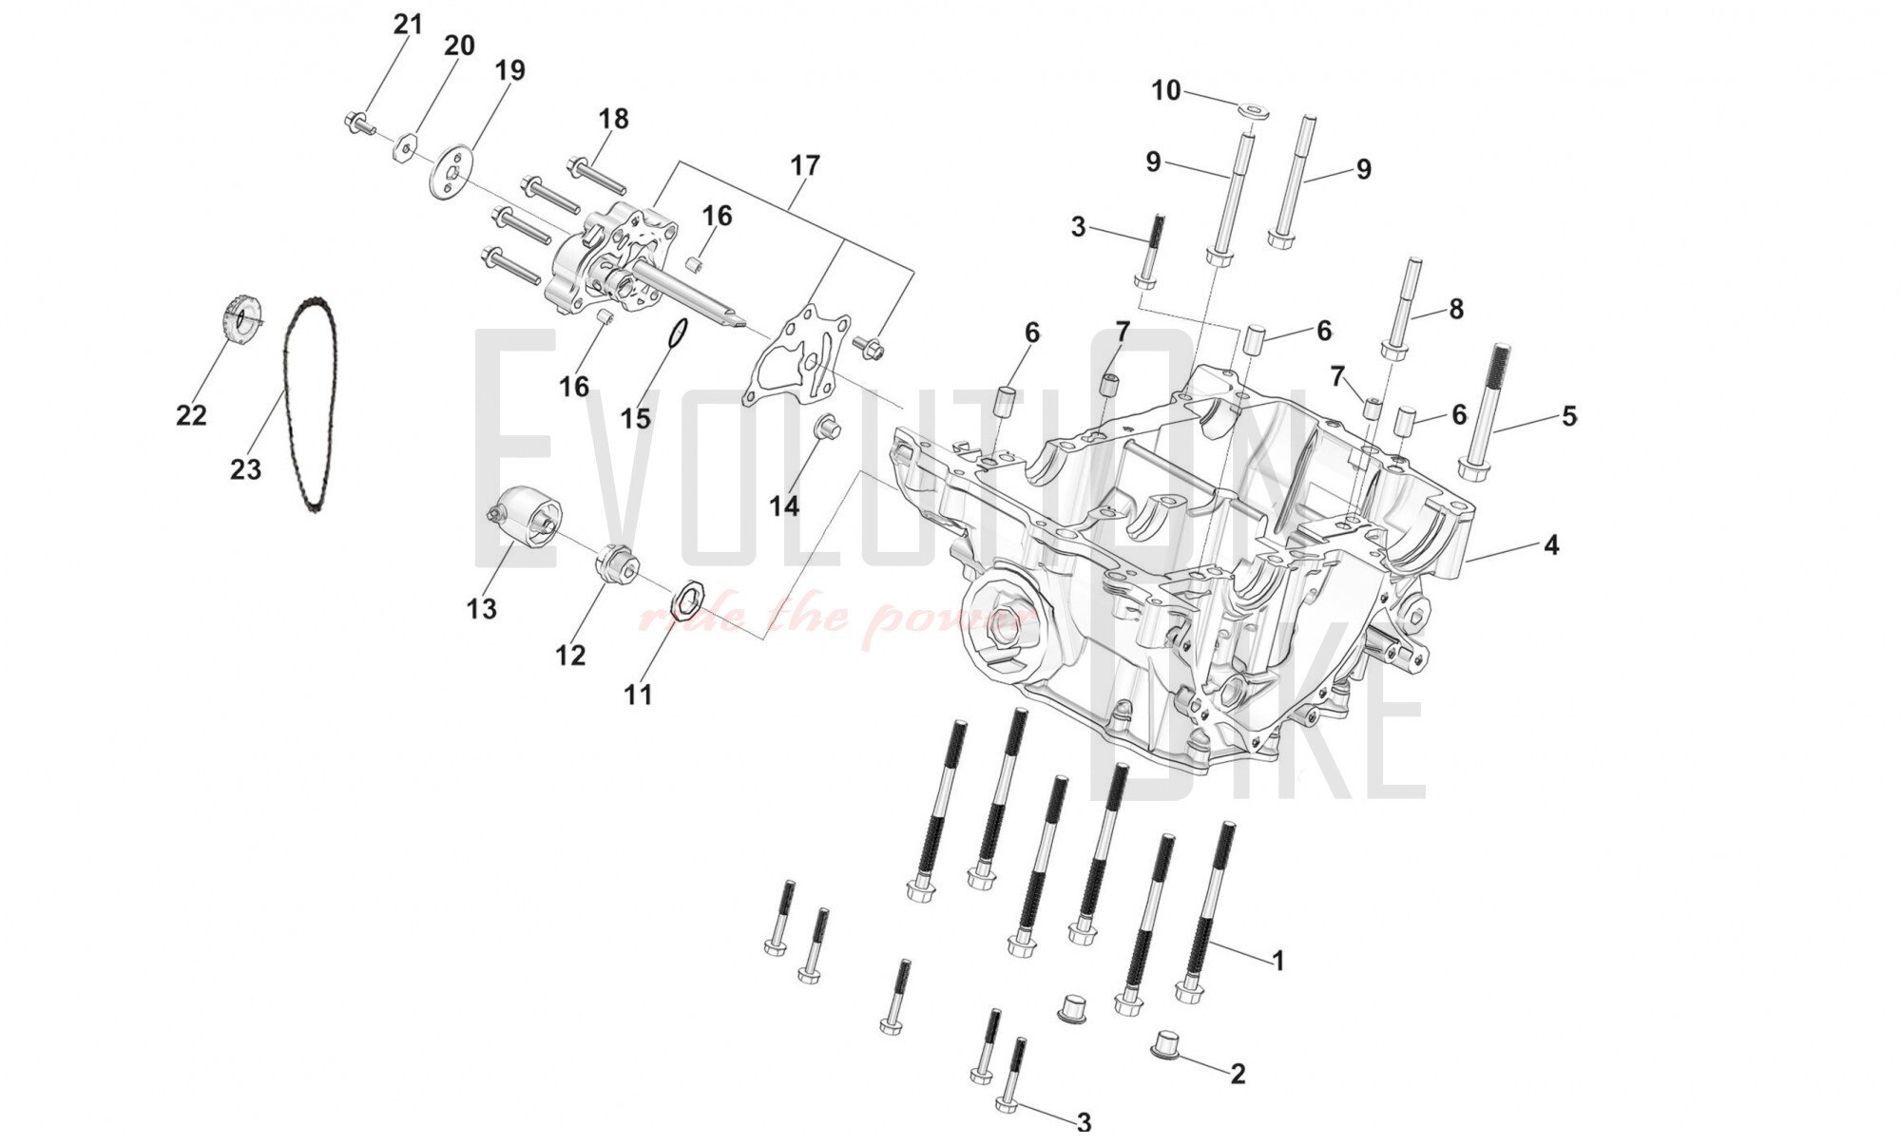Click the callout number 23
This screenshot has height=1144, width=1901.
tap(245, 469)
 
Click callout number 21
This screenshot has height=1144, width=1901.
tap(408, 24)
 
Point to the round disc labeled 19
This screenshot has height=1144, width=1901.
tap(452, 171)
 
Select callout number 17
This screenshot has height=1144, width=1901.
tap(804, 165)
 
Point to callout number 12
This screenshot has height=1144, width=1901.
tap(570, 655)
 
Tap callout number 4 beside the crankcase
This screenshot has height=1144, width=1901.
tap(1550, 545)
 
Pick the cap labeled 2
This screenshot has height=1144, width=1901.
tap(1166, 1042)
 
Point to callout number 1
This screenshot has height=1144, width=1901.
tap(1277, 961)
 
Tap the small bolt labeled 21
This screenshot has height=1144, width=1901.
tap(358, 123)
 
